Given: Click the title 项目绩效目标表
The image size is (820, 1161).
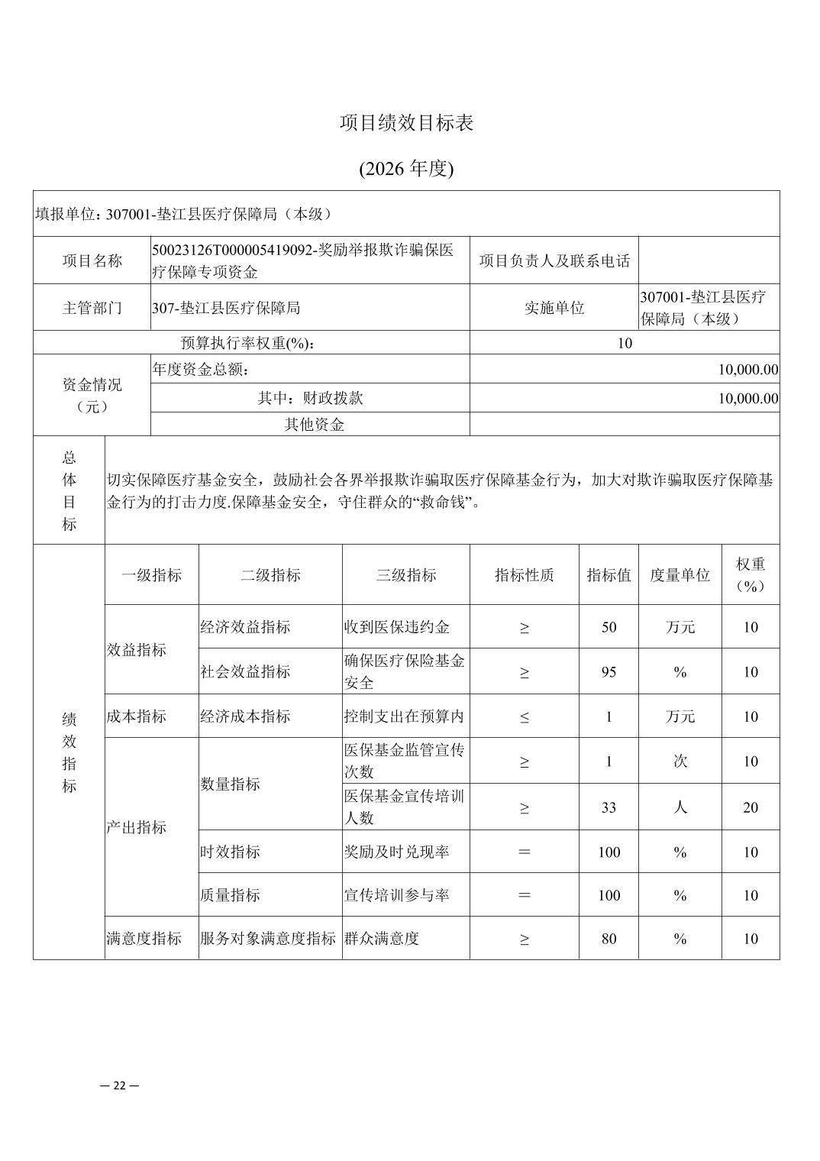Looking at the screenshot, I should coord(406,124).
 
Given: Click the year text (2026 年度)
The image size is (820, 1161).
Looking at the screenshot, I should coord(406,169).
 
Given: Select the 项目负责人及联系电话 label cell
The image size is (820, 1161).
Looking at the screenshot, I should coord(554,261).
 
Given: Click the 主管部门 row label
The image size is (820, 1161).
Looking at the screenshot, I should coord(92,308).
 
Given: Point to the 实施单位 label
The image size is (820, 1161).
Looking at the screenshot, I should coord(554,308).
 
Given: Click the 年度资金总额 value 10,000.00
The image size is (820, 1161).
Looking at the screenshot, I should coord(747,370).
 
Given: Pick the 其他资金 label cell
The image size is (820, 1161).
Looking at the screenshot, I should coord(314,425).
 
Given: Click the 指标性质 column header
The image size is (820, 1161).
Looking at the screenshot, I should coord(524,575).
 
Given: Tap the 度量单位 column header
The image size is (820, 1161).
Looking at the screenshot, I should coord(680,575).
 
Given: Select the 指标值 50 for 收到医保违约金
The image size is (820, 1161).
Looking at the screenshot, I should coord(609,627).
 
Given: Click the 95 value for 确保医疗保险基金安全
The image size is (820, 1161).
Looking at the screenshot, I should coord(609,672).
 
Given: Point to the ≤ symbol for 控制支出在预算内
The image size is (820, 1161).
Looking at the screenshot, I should coord(524,716).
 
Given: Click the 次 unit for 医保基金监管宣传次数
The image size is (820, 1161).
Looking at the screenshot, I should coord(680,761).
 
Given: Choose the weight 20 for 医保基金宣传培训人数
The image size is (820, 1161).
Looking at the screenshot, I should coord(751,807).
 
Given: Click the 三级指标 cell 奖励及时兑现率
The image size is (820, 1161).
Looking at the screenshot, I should coord(396,852).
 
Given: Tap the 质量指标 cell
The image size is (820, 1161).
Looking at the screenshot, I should coord(230,895).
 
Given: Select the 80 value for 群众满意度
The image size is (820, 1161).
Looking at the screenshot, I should coord(609,939).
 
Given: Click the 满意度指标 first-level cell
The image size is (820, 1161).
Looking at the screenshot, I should coord(144,939).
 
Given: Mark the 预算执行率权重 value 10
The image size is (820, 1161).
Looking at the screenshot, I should coord(625,343).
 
